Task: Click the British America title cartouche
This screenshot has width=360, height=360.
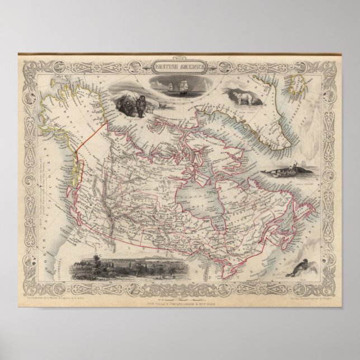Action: [179, 65]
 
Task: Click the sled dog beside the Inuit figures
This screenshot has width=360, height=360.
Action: [147, 110]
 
